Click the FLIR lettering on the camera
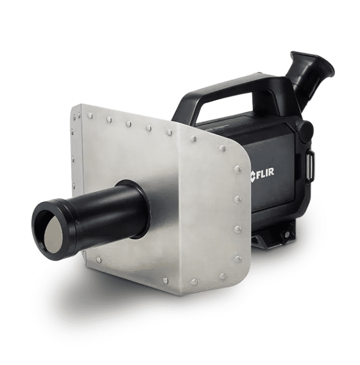pyautogui.click(x=266, y=172)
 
